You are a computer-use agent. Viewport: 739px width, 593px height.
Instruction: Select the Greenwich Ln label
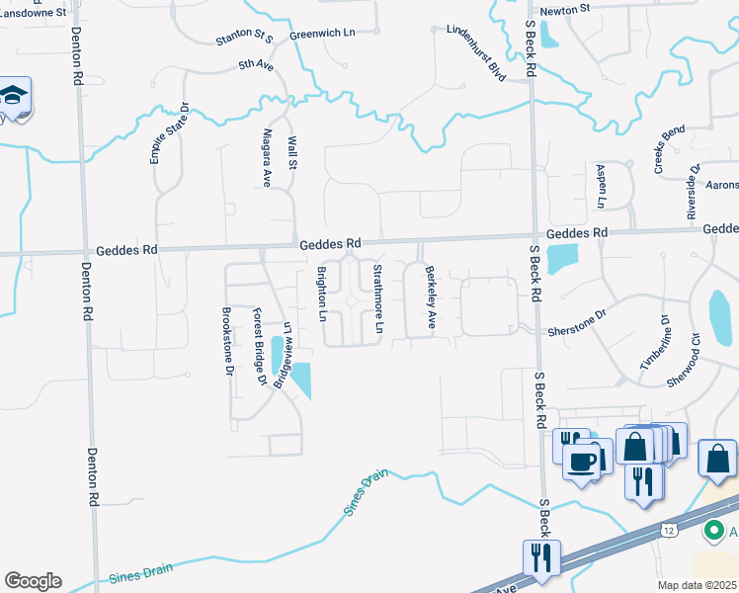click(322, 34)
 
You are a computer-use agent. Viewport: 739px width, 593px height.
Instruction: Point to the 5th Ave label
click(254, 65)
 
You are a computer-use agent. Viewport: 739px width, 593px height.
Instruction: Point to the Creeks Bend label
click(670, 149)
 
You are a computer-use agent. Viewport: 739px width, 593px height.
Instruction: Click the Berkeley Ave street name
click(430, 296)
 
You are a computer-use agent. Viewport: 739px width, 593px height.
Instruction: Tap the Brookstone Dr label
click(226, 342)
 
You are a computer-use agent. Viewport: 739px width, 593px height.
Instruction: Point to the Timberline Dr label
click(653, 341)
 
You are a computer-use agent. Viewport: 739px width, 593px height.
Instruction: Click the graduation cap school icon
click(16, 96)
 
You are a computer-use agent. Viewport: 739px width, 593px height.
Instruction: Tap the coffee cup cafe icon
click(582, 460)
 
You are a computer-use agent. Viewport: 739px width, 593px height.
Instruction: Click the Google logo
click(33, 581)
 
